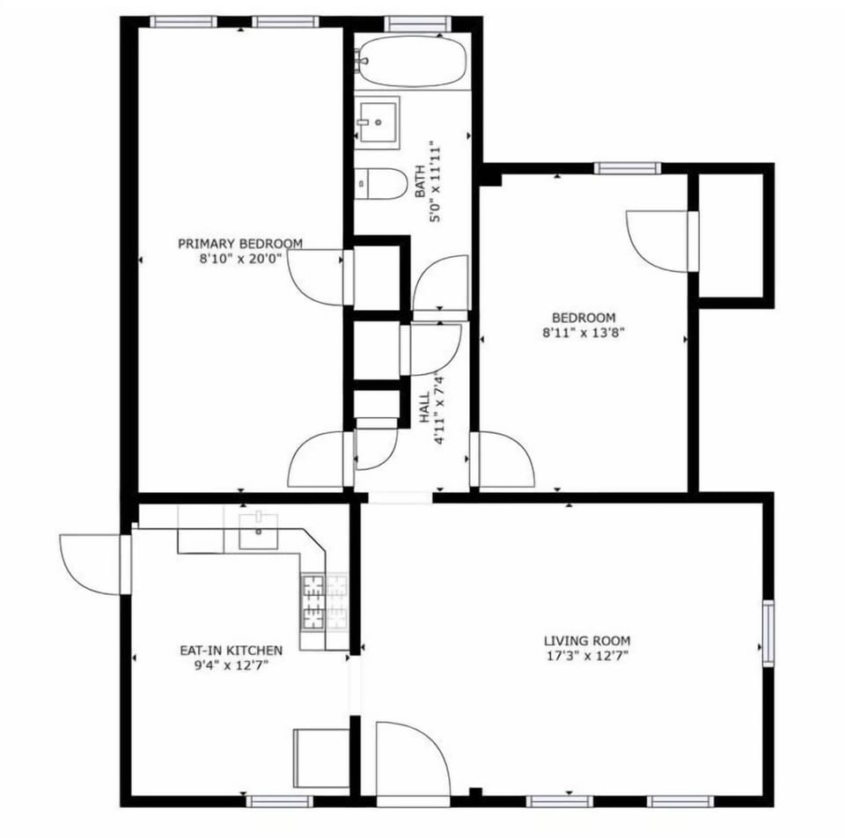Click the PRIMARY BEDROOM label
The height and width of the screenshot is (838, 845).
[240, 244]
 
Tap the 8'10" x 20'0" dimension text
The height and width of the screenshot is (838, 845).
[240, 259]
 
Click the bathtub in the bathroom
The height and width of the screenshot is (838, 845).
[412, 62]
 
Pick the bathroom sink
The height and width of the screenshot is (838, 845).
[377, 118]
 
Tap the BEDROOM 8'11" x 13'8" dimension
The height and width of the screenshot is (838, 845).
[583, 333]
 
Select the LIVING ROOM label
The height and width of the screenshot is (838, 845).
[586, 641]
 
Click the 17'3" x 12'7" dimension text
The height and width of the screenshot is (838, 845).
[586, 656]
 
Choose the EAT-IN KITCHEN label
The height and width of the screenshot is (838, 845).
[231, 651]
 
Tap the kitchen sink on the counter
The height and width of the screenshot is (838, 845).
[258, 531]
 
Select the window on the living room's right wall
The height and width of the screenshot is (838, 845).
[768, 631]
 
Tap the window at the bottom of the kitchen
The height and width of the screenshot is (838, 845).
[278, 801]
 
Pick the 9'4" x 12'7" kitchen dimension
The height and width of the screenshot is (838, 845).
[231, 665]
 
